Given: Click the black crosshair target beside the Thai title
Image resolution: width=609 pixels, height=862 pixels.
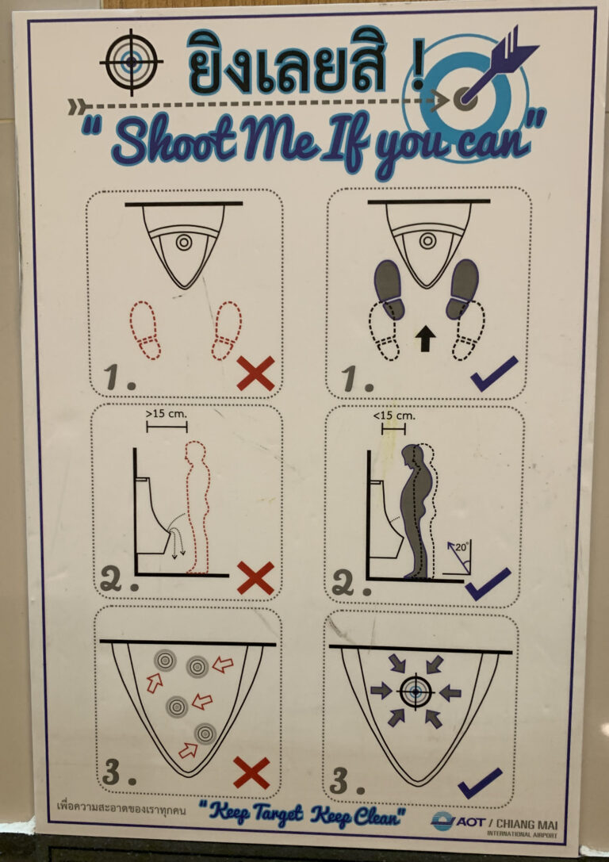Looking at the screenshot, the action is pos(131,62).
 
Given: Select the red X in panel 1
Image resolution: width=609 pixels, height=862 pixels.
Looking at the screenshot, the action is pos(255,374).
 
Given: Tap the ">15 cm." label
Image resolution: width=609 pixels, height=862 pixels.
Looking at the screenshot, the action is pos(166,414).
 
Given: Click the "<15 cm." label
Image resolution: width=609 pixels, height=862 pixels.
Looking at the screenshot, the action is pos(393,416).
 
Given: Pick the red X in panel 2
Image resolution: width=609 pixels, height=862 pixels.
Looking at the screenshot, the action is pos(255,578).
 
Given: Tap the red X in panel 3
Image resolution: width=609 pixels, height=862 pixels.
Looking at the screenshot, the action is pos(251,772).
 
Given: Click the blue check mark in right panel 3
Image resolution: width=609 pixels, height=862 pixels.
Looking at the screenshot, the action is pos(480,783).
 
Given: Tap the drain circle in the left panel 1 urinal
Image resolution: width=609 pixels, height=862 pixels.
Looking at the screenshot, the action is pos(184,242).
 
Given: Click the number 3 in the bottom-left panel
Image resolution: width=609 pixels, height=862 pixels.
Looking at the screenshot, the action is pos(111,772).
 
